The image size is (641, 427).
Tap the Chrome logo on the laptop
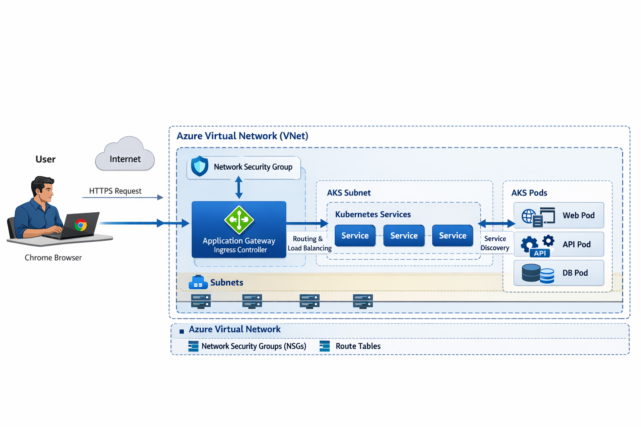tap(81, 226)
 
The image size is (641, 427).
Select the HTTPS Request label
tap(115, 191)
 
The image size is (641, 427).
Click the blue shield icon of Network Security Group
tap(199, 166)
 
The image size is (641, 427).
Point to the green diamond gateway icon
tap(239, 219)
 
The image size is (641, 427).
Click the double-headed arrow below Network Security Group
tap(239, 187)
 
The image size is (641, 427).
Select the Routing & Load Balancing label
tap(309, 244)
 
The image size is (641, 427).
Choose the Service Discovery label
tap(495, 243)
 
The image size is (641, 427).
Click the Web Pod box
tap(558, 215)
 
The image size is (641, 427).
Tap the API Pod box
tap(558, 244)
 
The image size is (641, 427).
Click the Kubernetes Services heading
tap(373, 214)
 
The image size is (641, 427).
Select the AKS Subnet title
tap(348, 193)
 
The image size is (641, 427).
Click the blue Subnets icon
tap(198, 283)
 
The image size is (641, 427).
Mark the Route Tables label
tap(358, 346)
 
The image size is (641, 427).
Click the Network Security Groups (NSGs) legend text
tap(253, 346)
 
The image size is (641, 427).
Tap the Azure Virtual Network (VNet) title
tap(242, 136)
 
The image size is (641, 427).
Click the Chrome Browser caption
tap(53, 258)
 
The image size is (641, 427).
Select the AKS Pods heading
tap(529, 193)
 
